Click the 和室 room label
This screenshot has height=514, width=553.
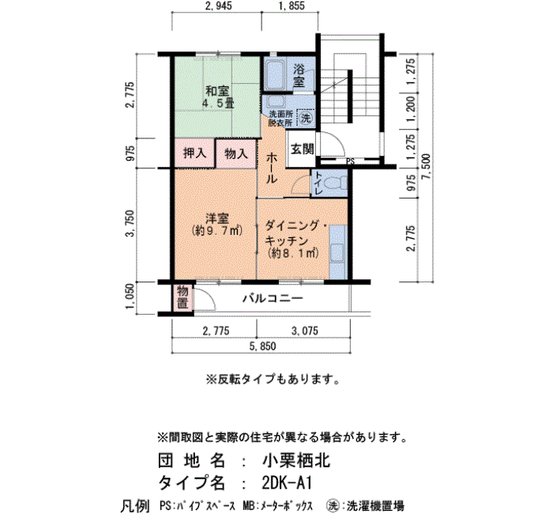point(217,92)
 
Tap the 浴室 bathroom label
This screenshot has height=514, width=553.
point(299,76)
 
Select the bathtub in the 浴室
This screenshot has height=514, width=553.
point(274,76)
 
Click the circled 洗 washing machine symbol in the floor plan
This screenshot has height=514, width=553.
point(306,119)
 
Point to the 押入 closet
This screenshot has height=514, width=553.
point(194,153)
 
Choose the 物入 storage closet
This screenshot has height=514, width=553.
point(236,153)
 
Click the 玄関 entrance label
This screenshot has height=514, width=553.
point(302,149)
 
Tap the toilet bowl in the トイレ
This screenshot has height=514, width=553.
point(335,183)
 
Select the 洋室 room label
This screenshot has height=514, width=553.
point(217,218)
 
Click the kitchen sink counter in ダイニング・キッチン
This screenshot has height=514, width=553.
point(338,252)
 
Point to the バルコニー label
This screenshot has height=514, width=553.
point(273,299)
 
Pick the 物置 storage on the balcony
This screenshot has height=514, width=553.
point(182,298)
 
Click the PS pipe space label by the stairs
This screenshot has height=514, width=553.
point(350,161)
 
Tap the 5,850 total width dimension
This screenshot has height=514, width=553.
point(262,346)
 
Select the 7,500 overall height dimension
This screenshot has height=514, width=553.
point(427,166)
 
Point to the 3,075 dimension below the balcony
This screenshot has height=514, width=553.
point(305,331)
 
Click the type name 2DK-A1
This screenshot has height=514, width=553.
point(287,483)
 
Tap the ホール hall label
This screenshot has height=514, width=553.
point(271,168)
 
